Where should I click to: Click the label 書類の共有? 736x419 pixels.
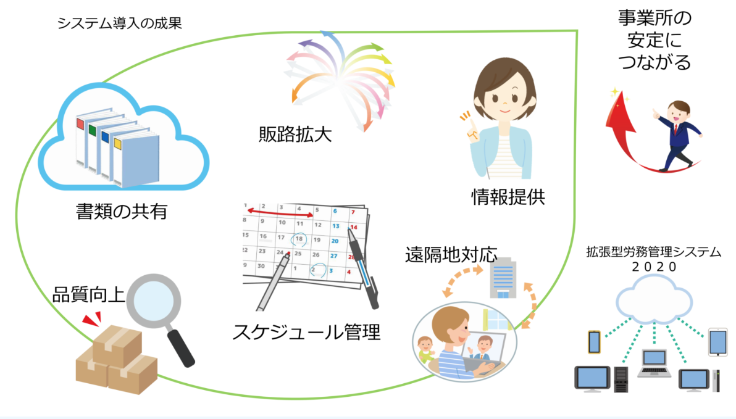pos(122,211)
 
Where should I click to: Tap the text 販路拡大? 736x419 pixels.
pos(295,134)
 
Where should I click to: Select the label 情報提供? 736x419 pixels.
pos(508,197)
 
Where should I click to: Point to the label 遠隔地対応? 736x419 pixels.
pos(451,255)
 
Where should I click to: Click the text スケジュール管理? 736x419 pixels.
pos(306,332)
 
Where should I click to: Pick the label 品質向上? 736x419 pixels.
pos(89,295)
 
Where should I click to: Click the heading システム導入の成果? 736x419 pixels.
pos(119,23)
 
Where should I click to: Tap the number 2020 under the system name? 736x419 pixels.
pos(654,267)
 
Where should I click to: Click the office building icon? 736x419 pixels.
pos(503,279)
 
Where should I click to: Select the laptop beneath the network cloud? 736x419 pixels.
pos(654,363)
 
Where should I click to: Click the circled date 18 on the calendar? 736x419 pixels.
pos(299,239)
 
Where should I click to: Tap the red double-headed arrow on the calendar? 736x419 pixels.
pos(280,212)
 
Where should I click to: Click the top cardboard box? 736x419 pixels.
pos(117,346)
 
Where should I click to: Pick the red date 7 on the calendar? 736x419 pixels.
pos(353,212)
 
